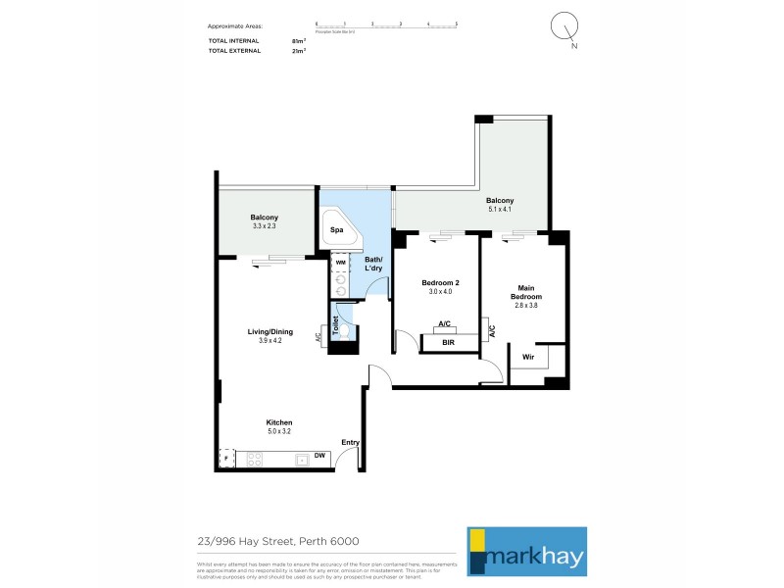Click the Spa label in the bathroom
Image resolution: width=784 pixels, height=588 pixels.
point(335,229)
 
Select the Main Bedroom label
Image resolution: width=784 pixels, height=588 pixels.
point(525,292)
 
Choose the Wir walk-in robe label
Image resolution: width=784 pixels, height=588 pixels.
point(527,357)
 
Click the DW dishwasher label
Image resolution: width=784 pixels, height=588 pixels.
point(319,457)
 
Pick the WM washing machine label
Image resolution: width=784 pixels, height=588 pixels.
point(340,263)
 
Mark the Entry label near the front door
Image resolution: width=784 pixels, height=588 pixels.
point(350,442)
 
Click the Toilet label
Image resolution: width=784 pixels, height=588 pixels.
point(335,325)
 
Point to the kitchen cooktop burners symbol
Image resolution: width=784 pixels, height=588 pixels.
point(258,459)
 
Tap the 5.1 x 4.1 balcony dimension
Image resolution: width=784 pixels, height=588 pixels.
point(501,209)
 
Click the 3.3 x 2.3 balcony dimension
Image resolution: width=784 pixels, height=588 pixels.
point(264,226)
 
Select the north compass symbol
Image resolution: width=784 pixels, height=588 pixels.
point(565,27)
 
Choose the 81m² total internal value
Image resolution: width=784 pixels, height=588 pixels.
point(299,40)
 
